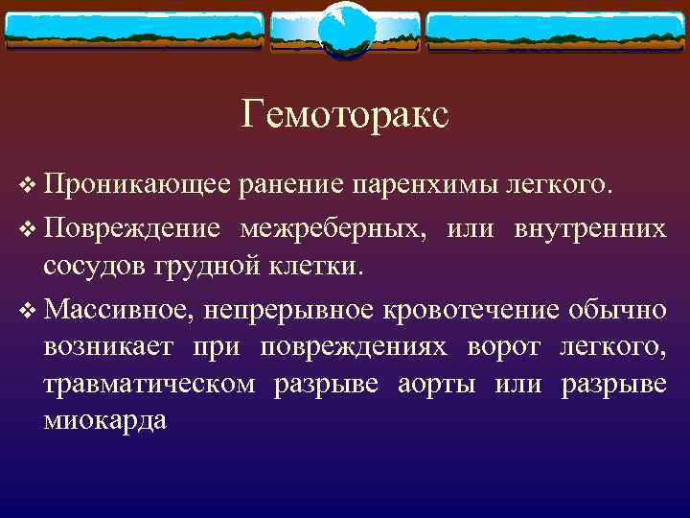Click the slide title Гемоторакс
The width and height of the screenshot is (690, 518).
[345, 115]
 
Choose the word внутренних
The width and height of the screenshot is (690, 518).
[589, 229]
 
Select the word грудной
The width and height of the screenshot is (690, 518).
[195, 264]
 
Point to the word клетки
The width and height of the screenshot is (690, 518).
[306, 264]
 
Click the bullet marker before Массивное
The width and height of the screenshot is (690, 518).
[27, 311]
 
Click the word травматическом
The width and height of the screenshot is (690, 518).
[149, 385]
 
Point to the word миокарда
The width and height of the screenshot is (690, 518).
[105, 419]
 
